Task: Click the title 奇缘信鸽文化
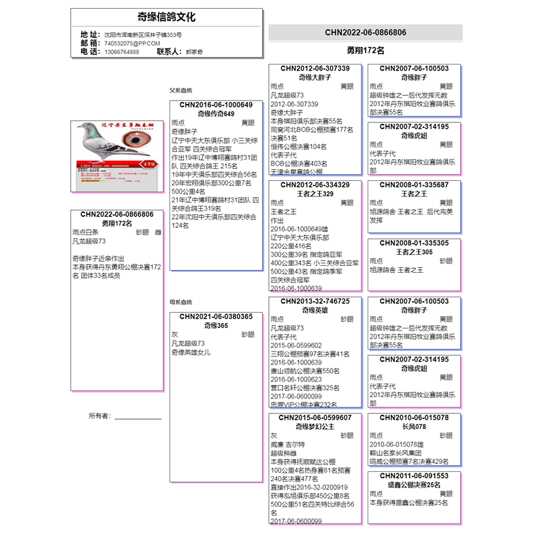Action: click(x=166, y=17)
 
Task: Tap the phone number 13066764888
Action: click(x=122, y=52)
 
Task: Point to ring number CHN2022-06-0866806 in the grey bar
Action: click(x=366, y=32)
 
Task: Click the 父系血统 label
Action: click(x=181, y=90)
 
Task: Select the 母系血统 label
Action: click(x=181, y=302)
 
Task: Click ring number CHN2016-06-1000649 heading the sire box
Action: click(x=216, y=105)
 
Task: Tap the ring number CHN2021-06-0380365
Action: click(x=216, y=317)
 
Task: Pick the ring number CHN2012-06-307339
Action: click(x=314, y=69)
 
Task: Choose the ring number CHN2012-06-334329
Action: click(x=314, y=185)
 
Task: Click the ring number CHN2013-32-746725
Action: click(x=314, y=301)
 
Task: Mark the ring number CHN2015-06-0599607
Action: click(x=314, y=418)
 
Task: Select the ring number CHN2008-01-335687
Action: click(x=414, y=185)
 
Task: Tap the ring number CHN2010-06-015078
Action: click(x=414, y=418)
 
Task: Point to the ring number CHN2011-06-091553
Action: click(x=414, y=476)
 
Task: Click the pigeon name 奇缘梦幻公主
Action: click(x=314, y=427)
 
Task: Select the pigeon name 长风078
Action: click(x=414, y=427)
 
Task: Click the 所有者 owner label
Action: click(x=99, y=416)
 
